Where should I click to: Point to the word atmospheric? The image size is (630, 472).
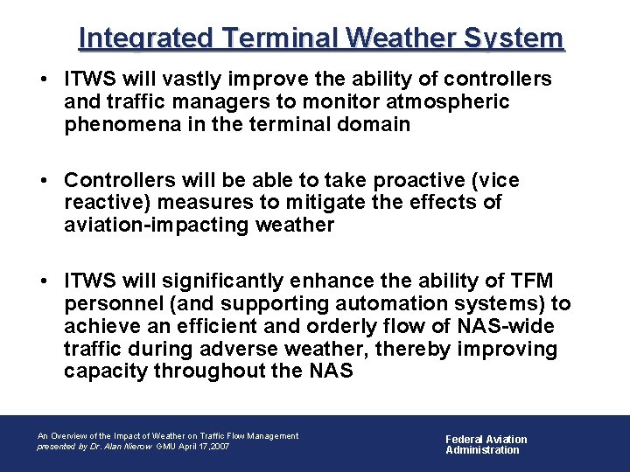(x=444, y=102)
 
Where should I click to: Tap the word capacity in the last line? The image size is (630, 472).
(x=105, y=371)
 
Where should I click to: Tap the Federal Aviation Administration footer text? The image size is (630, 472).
(x=486, y=445)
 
